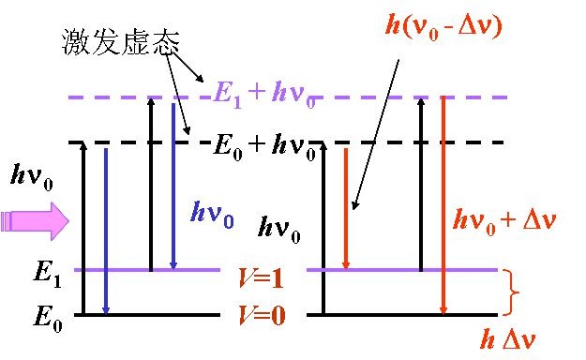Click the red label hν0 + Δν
503,221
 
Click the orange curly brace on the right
512,292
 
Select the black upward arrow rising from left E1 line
151,183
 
